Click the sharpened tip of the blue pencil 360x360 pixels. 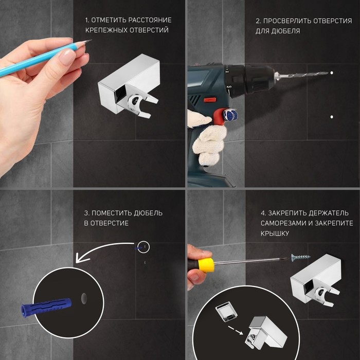pyautogui.click(x=91, y=40)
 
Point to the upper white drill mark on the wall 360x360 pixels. pyautogui.click(x=332, y=73)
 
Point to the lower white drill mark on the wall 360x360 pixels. pyautogui.click(x=332, y=117)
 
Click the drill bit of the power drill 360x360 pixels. pyautogui.click(x=301, y=75)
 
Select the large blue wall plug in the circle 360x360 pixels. pyautogui.click(x=46, y=307)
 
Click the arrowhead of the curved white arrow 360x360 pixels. pyautogui.click(x=82, y=257)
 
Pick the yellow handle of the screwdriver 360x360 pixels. pyautogui.click(x=206, y=265)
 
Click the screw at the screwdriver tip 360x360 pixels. pyautogui.click(x=300, y=257)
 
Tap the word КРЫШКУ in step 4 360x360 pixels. pyautogui.click(x=275, y=233)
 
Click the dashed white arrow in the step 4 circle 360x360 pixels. pyautogui.click(x=236, y=330)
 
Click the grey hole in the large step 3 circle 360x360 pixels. pyautogui.click(x=84, y=298)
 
